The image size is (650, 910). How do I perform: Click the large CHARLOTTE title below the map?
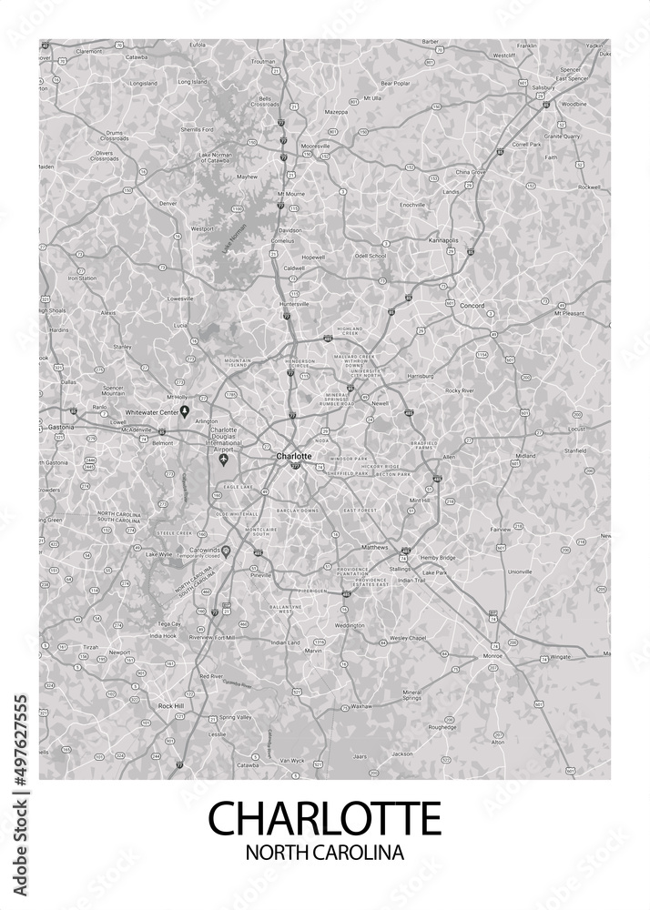pos(325,816)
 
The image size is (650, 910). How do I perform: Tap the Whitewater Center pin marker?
pos(185,411)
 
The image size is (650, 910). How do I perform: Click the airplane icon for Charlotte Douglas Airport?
pos(224,459)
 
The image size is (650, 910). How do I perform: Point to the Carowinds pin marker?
pos(227,551)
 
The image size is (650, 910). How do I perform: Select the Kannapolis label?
pos(443,240)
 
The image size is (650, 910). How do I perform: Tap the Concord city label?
pos(472,306)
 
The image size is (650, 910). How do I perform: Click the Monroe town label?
pos(493,655)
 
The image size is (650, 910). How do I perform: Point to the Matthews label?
pos(374,548)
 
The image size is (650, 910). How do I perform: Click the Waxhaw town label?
pos(361,705)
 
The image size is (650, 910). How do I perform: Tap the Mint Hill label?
pos(419,500)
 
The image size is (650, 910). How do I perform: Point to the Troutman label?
pos(262,61)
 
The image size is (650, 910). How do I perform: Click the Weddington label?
pos(350,625)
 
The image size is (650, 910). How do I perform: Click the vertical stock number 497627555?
pos(21,740)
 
